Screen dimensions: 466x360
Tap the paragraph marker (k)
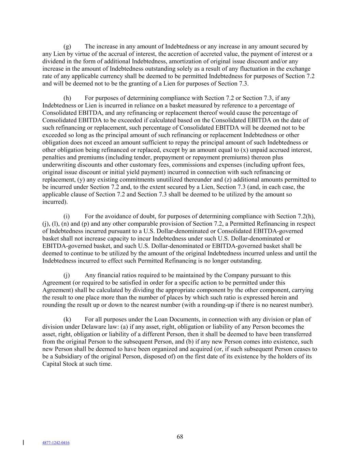tap(67, 320)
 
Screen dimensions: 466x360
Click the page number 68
tap(180, 437)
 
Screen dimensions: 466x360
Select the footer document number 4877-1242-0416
tap(56, 443)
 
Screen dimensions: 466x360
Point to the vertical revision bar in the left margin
tap(23, 443)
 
